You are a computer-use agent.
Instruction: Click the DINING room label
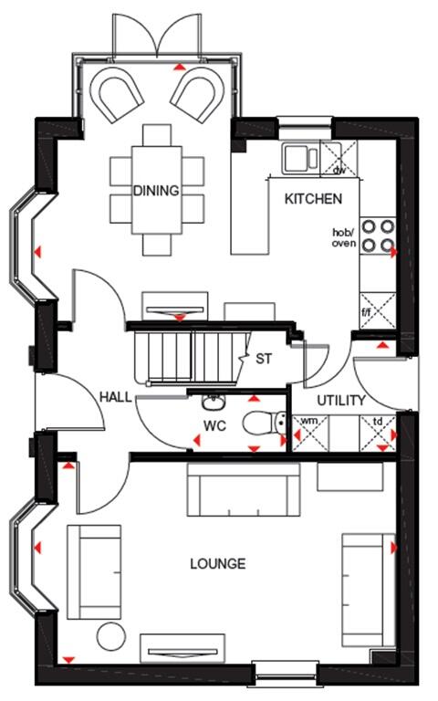point(156,191)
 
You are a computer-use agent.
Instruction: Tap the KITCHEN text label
point(313,198)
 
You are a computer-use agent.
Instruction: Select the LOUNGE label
point(217,564)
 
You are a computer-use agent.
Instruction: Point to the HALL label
point(115,398)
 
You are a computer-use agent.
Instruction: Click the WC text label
point(214,426)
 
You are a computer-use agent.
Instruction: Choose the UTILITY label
point(341,401)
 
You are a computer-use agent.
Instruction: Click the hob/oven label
point(344,237)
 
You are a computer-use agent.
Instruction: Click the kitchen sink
point(298,158)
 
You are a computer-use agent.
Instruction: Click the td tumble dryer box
point(378,432)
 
